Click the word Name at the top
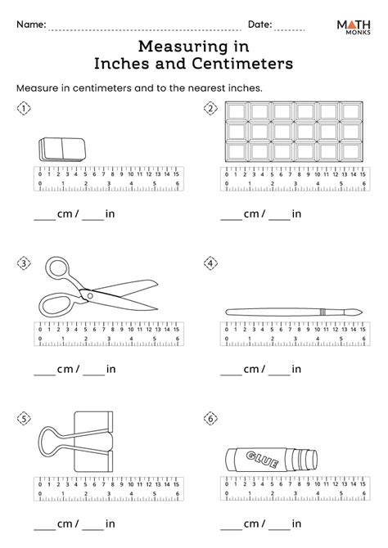(29, 25)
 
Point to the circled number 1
(25, 108)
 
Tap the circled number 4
(210, 263)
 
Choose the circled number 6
(210, 419)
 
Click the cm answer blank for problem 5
(44, 528)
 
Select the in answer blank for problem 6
(279, 528)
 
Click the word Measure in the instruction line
(38, 87)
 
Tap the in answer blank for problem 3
(92, 373)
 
